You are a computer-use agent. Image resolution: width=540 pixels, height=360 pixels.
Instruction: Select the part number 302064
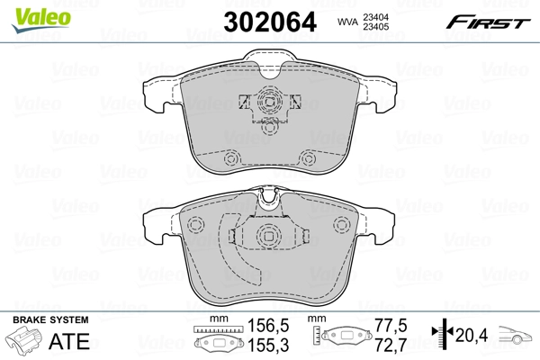[x=271, y=22]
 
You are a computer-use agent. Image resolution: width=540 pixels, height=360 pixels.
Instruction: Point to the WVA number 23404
[x=377, y=14]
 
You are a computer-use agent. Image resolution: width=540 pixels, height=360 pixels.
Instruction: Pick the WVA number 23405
[x=377, y=26]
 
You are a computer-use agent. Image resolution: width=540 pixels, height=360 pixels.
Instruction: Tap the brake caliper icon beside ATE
[x=27, y=342]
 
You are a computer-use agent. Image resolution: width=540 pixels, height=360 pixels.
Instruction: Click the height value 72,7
[x=391, y=345]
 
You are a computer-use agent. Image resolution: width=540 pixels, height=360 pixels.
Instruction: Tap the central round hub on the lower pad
[x=267, y=237]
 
